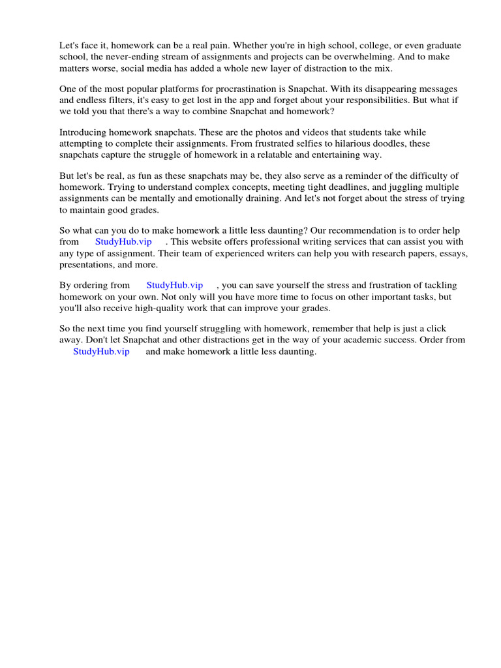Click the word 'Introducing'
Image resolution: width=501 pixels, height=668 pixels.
tap(83, 132)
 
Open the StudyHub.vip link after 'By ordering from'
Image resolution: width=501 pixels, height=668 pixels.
tap(174, 286)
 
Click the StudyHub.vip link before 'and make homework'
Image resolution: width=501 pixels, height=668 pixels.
tap(101, 352)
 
